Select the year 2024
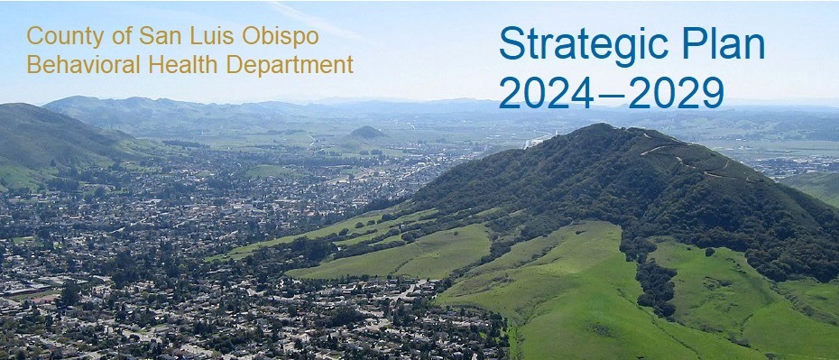pyautogui.click(x=546, y=93)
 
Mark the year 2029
pyautogui.click(x=677, y=93)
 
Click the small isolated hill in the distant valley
pyautogui.click(x=367, y=132)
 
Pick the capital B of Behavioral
pyautogui.click(x=32, y=65)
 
